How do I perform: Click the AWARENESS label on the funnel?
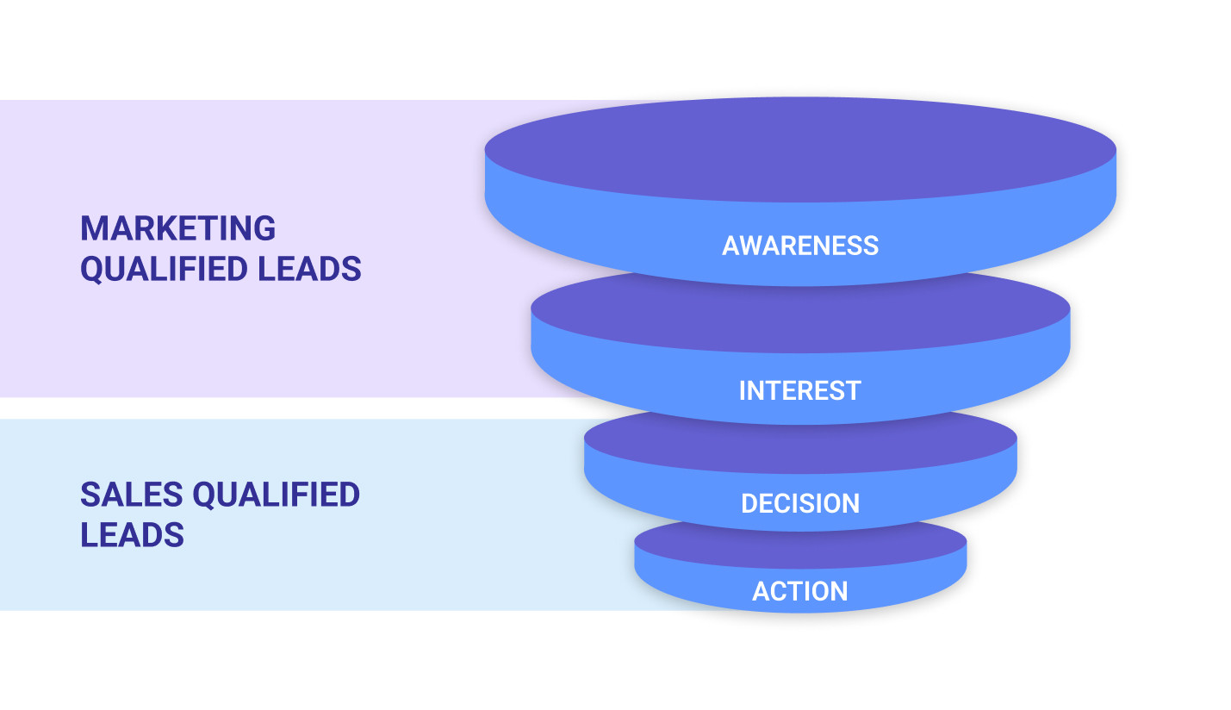click(800, 246)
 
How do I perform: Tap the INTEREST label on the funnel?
click(799, 390)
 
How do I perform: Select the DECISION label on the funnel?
click(800, 503)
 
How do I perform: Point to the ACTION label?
click(800, 591)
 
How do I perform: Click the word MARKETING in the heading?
click(177, 228)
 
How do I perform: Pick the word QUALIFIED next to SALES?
click(276, 495)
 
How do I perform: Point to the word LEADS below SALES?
click(132, 535)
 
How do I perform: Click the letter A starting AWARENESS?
click(731, 246)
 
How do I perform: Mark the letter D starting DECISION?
click(749, 503)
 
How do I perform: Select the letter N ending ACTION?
click(839, 591)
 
